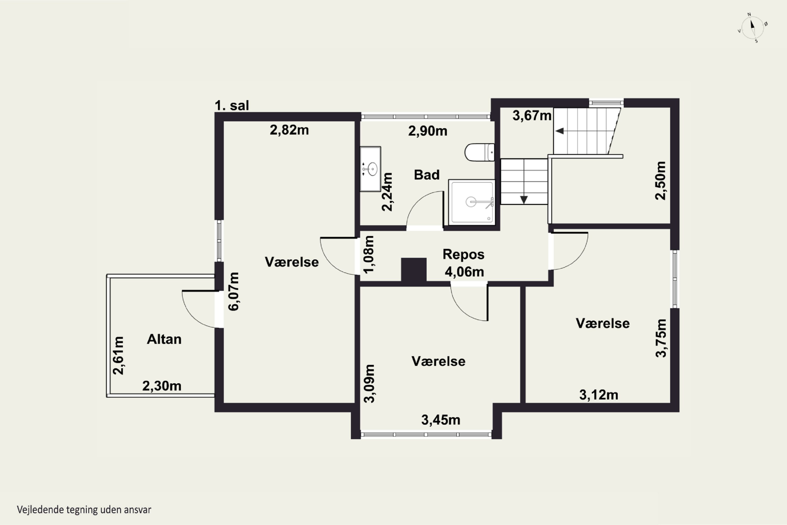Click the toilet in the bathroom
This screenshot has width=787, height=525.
tap(480, 152)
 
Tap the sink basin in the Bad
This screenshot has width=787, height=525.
tap(370, 169)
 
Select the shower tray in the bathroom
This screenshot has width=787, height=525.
tap(471, 202)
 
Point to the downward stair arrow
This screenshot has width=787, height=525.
tap(524, 200)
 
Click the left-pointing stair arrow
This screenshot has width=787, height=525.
tap(560, 131)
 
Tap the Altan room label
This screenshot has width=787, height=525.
tap(164, 339)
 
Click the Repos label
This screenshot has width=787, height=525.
tap(464, 254)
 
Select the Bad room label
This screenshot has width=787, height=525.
tap(427, 175)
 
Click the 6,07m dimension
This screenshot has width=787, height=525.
tap(234, 291)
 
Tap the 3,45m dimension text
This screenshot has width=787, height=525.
tap(441, 420)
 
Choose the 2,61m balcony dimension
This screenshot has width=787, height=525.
tap(118, 355)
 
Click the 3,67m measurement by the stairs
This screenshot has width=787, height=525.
tap(532, 116)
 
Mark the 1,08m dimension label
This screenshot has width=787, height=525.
tap(369, 254)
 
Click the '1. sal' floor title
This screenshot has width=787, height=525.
tap(232, 106)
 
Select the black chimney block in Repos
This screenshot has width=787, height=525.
tap(414, 270)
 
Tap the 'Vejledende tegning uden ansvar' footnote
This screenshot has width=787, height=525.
tap(84, 510)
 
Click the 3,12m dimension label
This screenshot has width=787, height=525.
tap(599, 395)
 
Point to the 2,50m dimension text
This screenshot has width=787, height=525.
tap(661, 181)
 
